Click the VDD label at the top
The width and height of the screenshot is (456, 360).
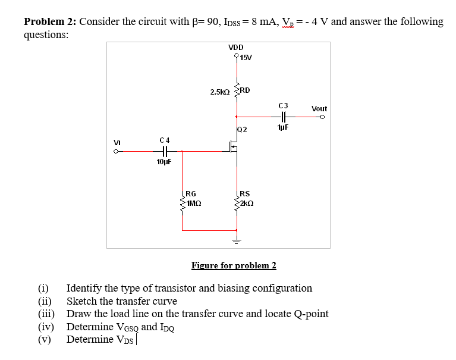point(235,48)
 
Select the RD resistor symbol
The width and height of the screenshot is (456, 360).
point(237,92)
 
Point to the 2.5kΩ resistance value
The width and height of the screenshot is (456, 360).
point(220,92)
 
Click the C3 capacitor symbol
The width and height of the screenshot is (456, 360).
point(283,117)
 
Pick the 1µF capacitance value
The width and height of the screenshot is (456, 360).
point(283,127)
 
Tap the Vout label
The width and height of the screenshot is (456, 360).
point(319,109)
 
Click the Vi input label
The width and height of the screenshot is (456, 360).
point(118,143)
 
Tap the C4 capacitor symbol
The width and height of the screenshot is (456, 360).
point(165,151)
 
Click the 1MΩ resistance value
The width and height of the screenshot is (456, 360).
point(194,203)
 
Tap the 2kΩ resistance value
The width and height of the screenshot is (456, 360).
point(247,203)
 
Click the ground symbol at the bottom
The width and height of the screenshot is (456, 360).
point(237,240)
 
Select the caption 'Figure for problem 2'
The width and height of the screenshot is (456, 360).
point(234,265)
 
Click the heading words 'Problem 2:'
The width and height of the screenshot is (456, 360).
point(50,22)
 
